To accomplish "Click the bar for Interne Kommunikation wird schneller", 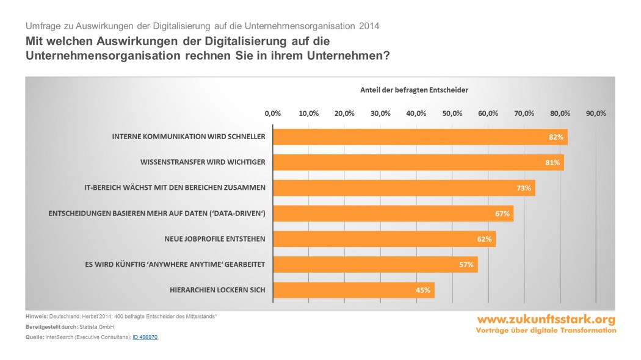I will pyautogui.click(x=420, y=137).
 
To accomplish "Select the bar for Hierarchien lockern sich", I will pyautogui.click(x=353, y=290).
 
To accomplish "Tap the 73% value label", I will pyautogui.click(x=523, y=188).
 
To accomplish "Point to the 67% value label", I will pyautogui.click(x=502, y=214).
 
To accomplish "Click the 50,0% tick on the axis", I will pyautogui.click(x=452, y=113).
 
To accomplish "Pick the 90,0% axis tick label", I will pyautogui.click(x=596, y=113).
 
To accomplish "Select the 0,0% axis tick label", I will pyautogui.click(x=272, y=113).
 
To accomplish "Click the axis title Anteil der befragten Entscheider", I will pyautogui.click(x=414, y=90).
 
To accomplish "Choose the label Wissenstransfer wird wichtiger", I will pyautogui.click(x=203, y=162).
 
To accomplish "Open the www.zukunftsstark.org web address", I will pyautogui.click(x=546, y=320).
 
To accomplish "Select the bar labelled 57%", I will pyautogui.click(x=375, y=265).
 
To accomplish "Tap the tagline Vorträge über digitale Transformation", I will pyautogui.click(x=546, y=331).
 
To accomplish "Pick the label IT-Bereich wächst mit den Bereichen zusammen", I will pyautogui.click(x=175, y=188).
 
